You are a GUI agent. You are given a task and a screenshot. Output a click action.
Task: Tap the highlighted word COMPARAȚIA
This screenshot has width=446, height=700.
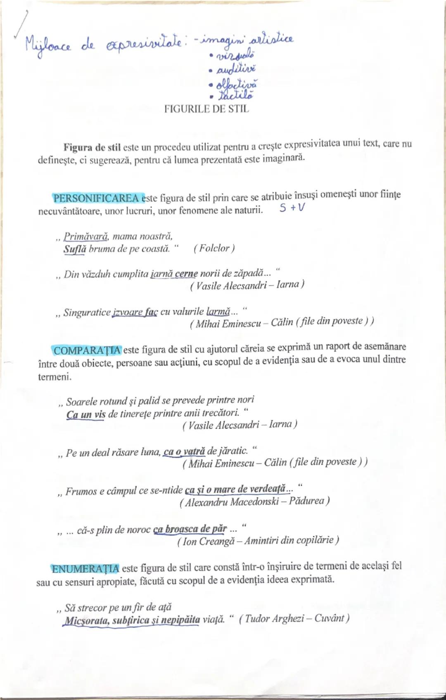click(87, 350)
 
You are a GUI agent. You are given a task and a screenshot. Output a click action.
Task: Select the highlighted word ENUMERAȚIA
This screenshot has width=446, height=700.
click(85, 568)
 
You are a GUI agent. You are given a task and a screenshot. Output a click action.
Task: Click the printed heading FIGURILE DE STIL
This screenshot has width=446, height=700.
click(206, 109)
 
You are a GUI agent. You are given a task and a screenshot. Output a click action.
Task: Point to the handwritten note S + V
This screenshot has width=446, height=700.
click(292, 208)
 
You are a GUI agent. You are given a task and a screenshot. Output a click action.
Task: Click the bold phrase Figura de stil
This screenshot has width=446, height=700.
click(92, 147)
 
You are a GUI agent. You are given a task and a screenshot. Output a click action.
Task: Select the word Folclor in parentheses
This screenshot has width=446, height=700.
click(214, 248)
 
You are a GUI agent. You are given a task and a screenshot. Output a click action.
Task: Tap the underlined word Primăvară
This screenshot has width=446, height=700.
click(85, 236)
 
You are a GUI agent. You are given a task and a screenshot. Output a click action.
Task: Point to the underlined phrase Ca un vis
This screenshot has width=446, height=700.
click(86, 414)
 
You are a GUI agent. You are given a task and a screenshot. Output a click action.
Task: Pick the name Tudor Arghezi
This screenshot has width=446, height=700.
click(274, 618)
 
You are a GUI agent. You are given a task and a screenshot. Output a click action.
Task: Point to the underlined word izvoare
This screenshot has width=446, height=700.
click(127, 312)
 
